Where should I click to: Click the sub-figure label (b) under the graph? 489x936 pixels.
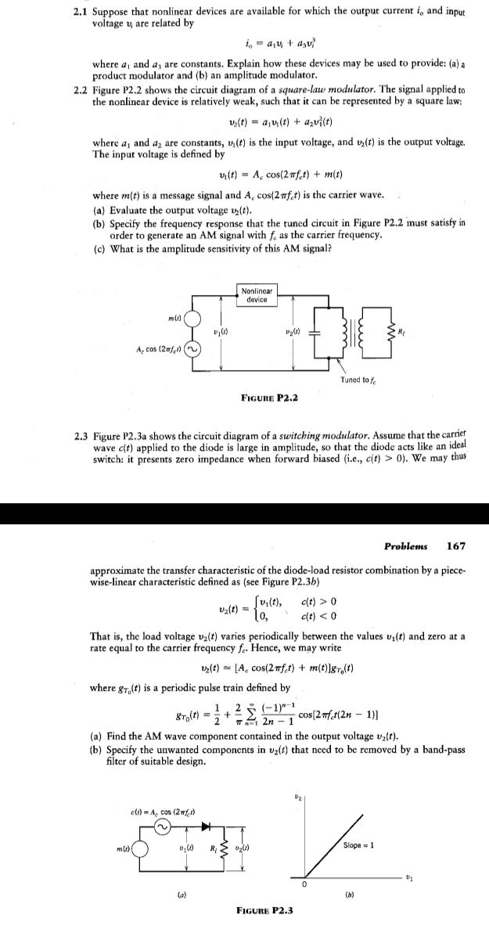pyautogui.click(x=359, y=889)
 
